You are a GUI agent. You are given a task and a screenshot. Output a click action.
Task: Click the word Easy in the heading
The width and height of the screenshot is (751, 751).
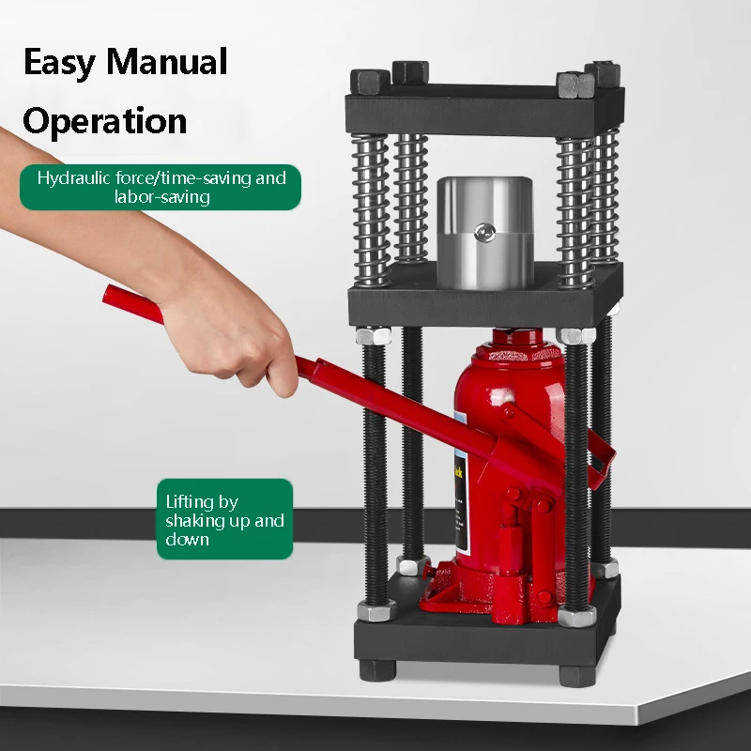tap(59, 63)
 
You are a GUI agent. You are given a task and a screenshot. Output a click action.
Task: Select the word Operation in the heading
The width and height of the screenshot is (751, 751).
tap(104, 121)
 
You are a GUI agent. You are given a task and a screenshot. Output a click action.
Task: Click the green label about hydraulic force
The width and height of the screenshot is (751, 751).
tap(161, 187)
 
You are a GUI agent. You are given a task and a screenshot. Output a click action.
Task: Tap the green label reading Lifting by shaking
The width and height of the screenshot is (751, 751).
tap(224, 519)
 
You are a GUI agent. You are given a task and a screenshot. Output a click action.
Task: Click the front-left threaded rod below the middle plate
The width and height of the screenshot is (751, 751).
tap(375, 469)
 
